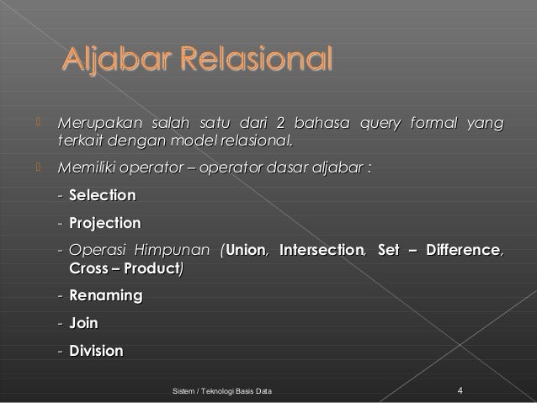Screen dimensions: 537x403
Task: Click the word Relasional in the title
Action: pos(253,62)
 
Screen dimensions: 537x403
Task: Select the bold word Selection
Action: pos(102,196)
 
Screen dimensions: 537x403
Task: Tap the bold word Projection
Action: pos(104,224)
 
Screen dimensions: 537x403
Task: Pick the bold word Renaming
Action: pos(105,295)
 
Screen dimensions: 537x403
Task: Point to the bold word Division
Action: pos(96,351)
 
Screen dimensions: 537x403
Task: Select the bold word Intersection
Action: pos(322,250)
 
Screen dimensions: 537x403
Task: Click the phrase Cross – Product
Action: pos(123,268)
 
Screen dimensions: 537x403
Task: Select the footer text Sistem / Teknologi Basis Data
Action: pos(221,392)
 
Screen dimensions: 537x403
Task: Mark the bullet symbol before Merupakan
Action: pos(37,125)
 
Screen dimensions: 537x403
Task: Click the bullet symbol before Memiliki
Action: pos(37,169)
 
